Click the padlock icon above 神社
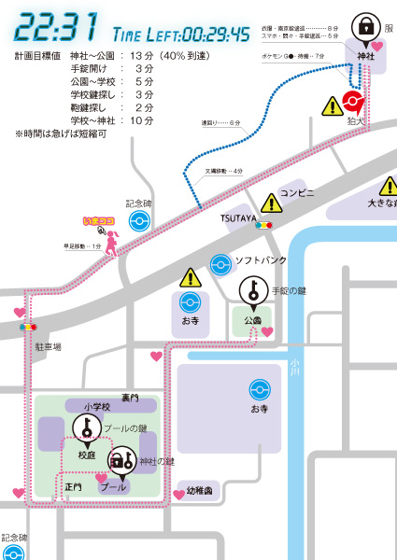point(366,24)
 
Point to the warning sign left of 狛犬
point(332,106)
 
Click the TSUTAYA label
point(238,217)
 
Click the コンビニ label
point(298,193)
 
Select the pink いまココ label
point(97,222)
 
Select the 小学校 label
point(96,406)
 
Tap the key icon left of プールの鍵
point(86,427)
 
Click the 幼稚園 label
point(200,490)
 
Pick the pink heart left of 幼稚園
point(178,494)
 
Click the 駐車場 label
point(48,346)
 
